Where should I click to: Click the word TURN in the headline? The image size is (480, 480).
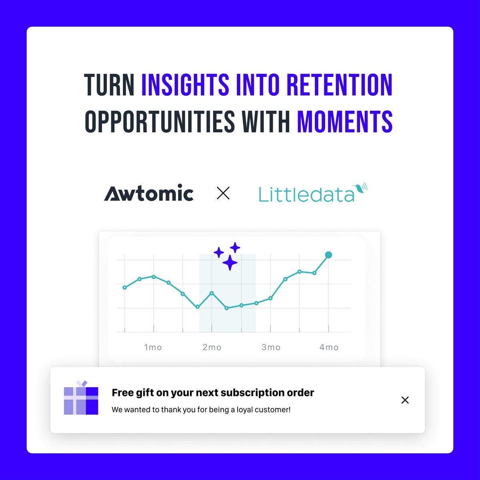pyautogui.click(x=109, y=85)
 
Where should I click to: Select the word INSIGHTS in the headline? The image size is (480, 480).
pyautogui.click(x=185, y=85)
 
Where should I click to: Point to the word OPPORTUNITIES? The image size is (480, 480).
pyautogui.click(x=160, y=121)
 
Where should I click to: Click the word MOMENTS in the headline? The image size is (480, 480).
pyautogui.click(x=344, y=121)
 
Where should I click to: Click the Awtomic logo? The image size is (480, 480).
pyautogui.click(x=149, y=193)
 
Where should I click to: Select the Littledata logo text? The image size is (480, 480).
pyautogui.click(x=306, y=195)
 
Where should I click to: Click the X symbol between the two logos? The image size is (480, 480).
pyautogui.click(x=223, y=194)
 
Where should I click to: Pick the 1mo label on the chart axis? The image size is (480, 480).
pyautogui.click(x=153, y=347)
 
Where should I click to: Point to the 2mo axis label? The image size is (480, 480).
pyautogui.click(x=212, y=347)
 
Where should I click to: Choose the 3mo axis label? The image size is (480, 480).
pyautogui.click(x=271, y=347)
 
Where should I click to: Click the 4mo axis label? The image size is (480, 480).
pyautogui.click(x=329, y=347)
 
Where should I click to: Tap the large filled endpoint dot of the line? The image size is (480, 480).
pyautogui.click(x=328, y=255)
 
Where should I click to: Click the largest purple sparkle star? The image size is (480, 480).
pyautogui.click(x=230, y=263)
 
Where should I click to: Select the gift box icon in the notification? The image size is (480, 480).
pyautogui.click(x=81, y=400)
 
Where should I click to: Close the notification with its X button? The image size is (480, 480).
pyautogui.click(x=405, y=400)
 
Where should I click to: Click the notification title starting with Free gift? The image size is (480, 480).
pyautogui.click(x=213, y=393)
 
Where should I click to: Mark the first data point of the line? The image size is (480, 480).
pyautogui.click(x=125, y=288)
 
